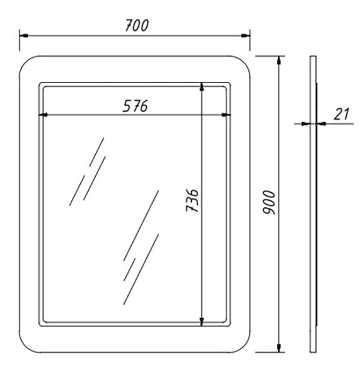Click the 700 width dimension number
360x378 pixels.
137,25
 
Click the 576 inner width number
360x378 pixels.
135,106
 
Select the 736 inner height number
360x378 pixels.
192,200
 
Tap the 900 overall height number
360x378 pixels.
269,202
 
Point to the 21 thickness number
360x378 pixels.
342,114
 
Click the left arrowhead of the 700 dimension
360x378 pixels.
24,36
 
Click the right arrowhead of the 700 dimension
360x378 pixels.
246,36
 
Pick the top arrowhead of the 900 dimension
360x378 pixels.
279,60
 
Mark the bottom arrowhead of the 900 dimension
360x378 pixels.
279,348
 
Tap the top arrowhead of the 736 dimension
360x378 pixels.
202,86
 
